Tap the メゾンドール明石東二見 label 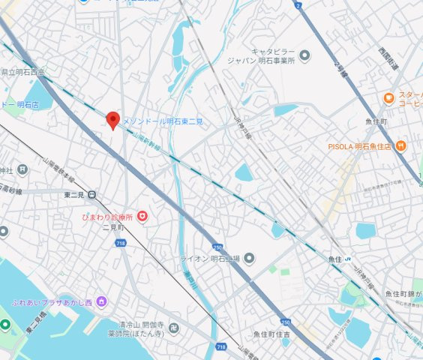(163, 121)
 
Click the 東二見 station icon (91, 195)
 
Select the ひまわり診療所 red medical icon (142, 217)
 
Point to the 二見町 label (112, 226)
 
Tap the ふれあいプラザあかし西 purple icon (102, 302)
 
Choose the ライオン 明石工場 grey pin (250, 259)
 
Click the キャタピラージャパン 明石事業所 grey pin (304, 55)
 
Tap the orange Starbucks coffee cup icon (388, 98)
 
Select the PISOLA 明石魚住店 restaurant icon (400, 145)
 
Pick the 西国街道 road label (388, 59)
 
